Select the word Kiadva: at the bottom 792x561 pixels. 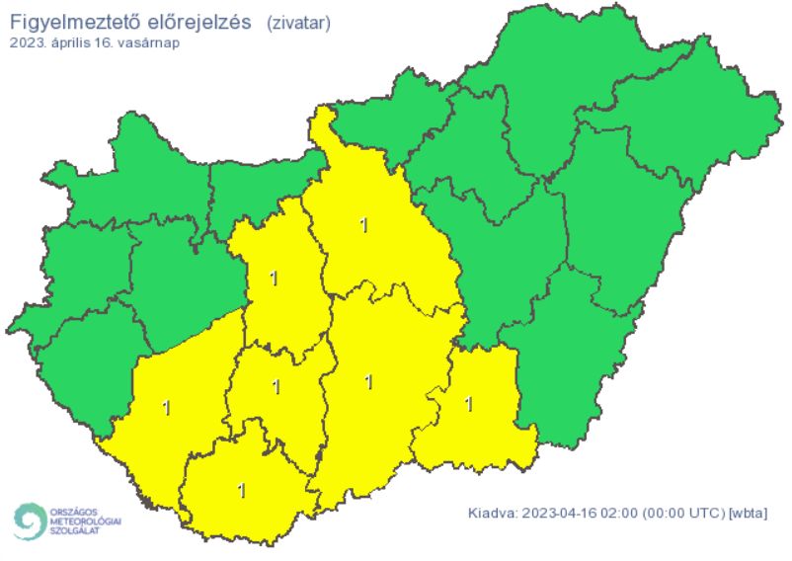[x=491, y=514]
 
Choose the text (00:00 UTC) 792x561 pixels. [x=682, y=514]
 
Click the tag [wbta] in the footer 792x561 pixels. [x=748, y=514]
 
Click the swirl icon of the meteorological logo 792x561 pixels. [x=29, y=521]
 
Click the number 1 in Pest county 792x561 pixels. [x=364, y=225]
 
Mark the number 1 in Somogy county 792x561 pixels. [x=166, y=407]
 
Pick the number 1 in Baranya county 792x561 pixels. [x=242, y=489]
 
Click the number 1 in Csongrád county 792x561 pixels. [x=469, y=403]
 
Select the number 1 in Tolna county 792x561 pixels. [x=276, y=386]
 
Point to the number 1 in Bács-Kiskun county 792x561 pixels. [x=368, y=381]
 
